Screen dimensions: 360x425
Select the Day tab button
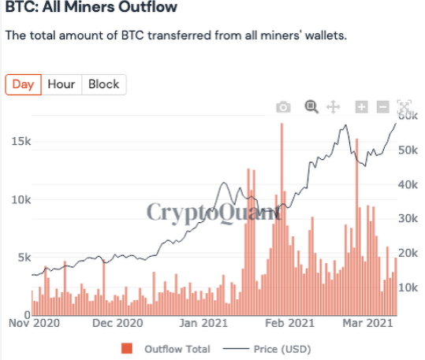click(23, 84)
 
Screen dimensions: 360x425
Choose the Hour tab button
click(62, 84)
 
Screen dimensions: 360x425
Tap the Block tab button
click(104, 84)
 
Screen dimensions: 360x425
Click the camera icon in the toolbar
click(284, 107)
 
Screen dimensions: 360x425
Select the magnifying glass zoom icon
click(311, 107)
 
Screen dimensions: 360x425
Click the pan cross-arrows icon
click(333, 107)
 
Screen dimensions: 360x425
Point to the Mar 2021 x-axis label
click(367, 322)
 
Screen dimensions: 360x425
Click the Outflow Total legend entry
click(167, 348)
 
